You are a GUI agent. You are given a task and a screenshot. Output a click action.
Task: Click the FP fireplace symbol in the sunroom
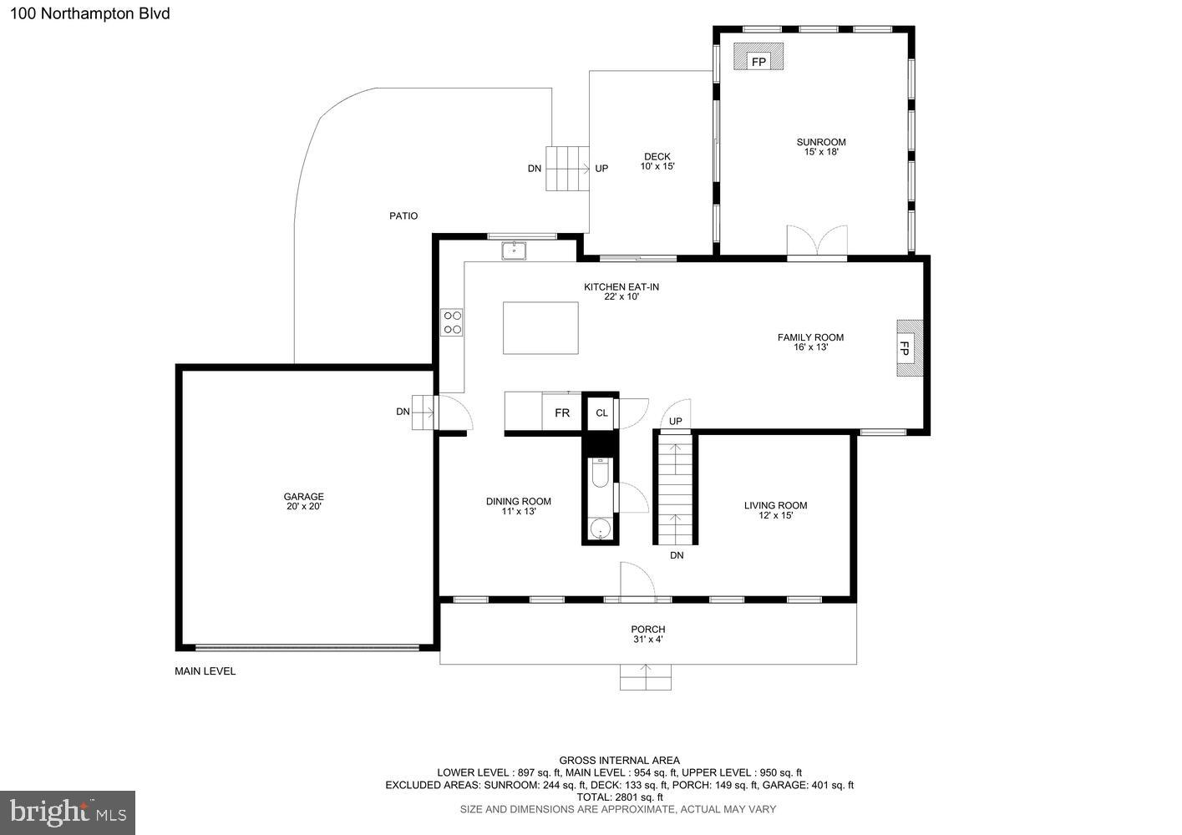point(758,57)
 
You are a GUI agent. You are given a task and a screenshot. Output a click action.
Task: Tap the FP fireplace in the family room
point(910,348)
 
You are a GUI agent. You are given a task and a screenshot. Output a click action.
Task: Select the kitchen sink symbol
point(514,250)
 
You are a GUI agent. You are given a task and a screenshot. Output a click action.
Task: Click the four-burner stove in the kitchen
point(452,323)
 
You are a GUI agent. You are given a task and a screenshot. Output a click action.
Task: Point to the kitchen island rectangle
point(540,328)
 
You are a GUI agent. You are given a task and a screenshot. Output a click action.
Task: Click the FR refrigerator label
point(562,413)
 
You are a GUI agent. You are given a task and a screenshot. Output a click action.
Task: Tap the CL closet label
point(601,413)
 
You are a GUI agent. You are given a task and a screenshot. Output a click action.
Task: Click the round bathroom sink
point(601,529)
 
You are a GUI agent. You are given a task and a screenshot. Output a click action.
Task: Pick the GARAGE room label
point(303,501)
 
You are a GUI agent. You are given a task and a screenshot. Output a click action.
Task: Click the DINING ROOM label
point(518,506)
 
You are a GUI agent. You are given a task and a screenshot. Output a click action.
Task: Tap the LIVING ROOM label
point(776,510)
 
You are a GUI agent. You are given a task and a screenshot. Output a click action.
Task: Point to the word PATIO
point(403,215)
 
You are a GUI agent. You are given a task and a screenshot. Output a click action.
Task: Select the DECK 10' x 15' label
point(657,161)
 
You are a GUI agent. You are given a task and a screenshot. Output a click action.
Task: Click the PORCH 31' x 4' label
point(648,634)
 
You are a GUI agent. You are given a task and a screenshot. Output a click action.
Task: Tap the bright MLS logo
point(68,812)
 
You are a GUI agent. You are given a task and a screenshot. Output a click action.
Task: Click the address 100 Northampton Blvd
point(90,13)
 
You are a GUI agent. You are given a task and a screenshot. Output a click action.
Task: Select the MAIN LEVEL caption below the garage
point(205,671)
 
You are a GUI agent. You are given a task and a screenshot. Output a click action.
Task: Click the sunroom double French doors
point(817,242)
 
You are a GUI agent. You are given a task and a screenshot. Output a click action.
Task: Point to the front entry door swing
point(637,582)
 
